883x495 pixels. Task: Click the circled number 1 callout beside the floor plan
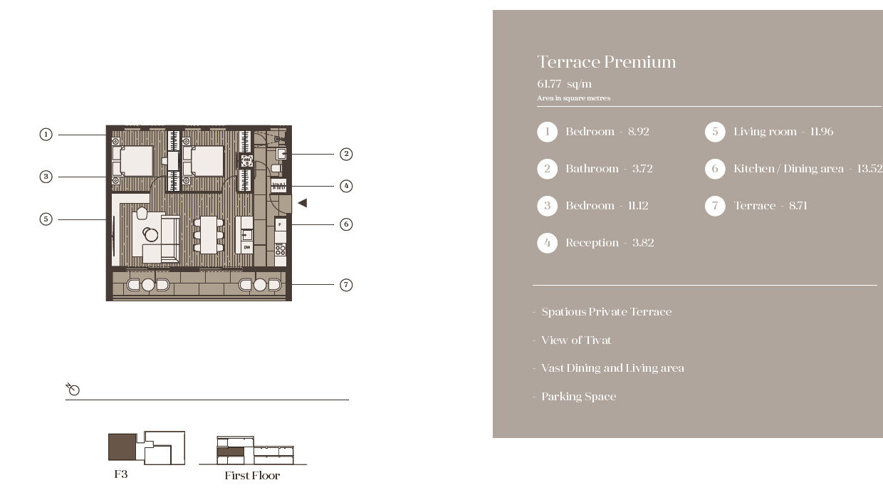46,135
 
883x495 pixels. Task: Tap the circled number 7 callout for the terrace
346,285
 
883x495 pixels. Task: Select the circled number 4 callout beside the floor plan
346,186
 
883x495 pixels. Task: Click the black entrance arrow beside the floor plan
303,203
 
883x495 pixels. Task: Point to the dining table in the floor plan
209,235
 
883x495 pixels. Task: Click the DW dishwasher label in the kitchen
247,247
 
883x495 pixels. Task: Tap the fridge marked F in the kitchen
281,225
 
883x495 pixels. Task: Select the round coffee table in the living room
151,235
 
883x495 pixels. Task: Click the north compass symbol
73,389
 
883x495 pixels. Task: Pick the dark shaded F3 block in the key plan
122,447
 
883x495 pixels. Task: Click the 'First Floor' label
252,475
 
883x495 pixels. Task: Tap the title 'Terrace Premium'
607,62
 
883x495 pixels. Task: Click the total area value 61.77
549,84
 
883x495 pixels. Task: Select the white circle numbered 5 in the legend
715,132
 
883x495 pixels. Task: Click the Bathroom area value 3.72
642,169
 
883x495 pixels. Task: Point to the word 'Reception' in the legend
592,243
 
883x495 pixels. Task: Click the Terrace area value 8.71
798,206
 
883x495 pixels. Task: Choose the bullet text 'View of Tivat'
576,340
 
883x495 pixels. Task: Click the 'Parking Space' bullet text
579,397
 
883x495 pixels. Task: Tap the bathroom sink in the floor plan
281,153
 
